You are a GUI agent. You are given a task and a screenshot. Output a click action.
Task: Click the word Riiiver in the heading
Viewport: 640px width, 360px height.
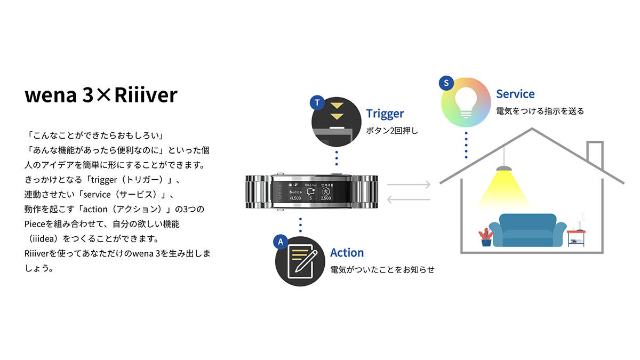point(146,95)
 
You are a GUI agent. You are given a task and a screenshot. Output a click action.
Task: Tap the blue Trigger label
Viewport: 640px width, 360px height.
point(385,114)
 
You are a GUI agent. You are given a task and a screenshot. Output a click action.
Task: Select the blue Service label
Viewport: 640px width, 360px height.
point(515,94)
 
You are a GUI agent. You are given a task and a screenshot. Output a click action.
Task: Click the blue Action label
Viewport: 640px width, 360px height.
point(347,253)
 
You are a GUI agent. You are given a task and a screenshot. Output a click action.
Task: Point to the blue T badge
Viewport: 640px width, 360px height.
point(317,102)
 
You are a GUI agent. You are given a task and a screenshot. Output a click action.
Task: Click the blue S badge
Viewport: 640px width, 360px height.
point(446,83)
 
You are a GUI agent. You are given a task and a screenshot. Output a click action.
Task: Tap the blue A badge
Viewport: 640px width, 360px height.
point(281,242)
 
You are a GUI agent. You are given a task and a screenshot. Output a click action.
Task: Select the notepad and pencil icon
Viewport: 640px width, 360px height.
point(302,261)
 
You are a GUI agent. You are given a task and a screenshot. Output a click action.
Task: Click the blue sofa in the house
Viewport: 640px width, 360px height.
point(527,230)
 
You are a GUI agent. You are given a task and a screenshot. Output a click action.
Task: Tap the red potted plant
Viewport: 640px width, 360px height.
point(486,237)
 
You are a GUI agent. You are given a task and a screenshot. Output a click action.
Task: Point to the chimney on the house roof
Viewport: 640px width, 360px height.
point(595,155)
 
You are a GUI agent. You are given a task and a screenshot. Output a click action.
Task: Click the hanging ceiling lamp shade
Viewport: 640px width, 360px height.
point(503,169)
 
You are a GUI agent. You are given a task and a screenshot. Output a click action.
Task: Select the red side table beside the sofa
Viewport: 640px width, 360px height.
point(576,238)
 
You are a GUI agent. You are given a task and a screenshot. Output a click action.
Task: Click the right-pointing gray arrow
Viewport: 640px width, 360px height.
point(409,185)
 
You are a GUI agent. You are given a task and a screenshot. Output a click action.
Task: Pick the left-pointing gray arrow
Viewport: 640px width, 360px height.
point(409,199)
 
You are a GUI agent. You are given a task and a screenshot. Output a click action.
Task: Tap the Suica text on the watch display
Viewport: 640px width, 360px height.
point(295,192)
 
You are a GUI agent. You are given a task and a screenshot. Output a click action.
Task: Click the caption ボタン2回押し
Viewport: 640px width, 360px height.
point(392,131)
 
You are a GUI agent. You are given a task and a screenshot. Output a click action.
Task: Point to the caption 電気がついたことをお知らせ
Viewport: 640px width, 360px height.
point(382,269)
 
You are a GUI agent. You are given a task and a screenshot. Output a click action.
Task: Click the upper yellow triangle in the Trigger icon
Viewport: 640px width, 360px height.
point(337,106)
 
